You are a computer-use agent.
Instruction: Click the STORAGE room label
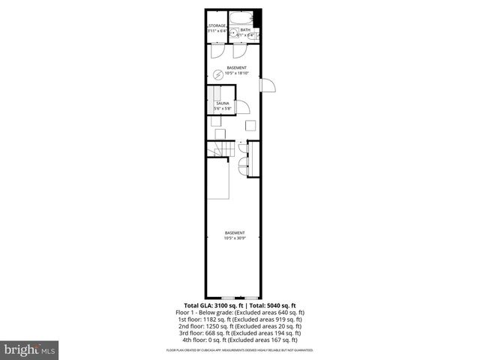point(217,25)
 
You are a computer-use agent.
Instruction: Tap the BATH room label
point(245,30)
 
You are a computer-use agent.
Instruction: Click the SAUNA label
point(222,103)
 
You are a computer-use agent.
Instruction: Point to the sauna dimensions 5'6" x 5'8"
point(222,109)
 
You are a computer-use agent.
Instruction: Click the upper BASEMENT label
point(235,67)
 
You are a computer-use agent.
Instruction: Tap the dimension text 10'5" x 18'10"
point(235,73)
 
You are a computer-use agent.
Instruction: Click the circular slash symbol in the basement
point(218,73)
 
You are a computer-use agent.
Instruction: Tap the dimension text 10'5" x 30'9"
point(235,238)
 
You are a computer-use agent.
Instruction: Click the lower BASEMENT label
point(235,233)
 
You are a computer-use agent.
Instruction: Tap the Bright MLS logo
point(30,349)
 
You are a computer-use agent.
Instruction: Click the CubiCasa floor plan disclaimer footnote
point(240,350)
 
